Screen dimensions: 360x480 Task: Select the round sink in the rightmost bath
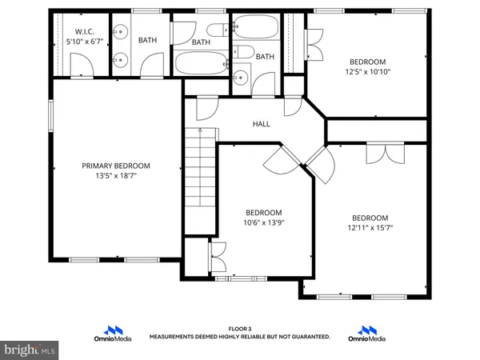click(x=240, y=78)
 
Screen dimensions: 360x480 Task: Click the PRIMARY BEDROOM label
click(x=116, y=166)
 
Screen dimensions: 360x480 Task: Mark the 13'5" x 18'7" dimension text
click(x=116, y=176)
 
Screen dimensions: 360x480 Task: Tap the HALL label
click(x=262, y=124)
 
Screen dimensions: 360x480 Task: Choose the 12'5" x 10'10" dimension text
click(x=367, y=71)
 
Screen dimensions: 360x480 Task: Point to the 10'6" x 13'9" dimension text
click(x=265, y=222)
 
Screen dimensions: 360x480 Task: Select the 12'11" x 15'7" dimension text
click(x=370, y=227)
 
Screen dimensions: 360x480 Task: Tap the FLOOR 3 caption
click(x=240, y=328)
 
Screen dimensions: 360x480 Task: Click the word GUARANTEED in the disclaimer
click(x=308, y=337)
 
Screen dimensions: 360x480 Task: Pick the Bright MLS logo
click(x=30, y=350)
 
